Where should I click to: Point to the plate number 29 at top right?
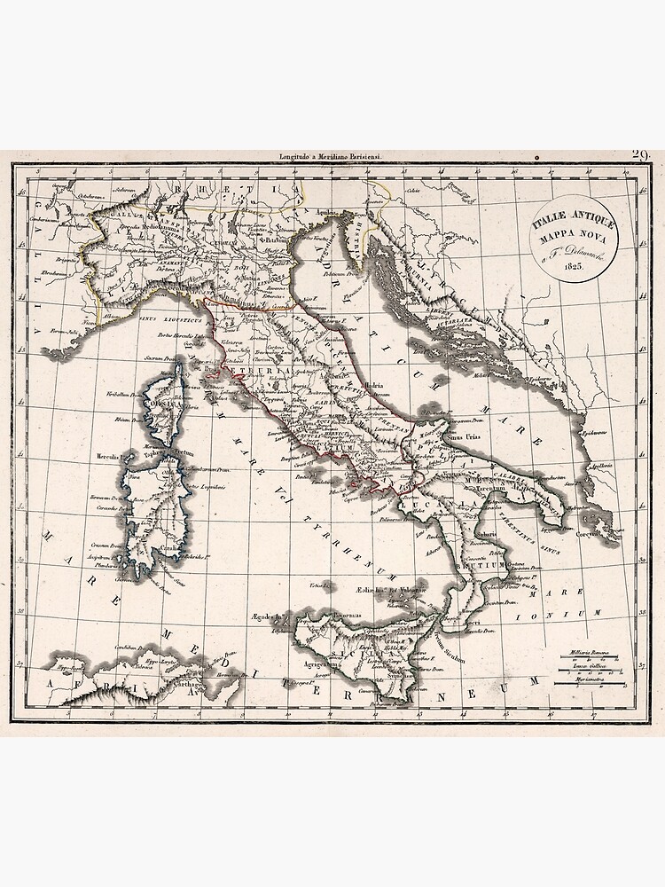[x=640, y=156]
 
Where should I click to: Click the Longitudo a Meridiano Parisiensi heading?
[x=328, y=158]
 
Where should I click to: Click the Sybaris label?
[x=484, y=536]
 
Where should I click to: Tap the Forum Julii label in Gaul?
[x=74, y=333]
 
